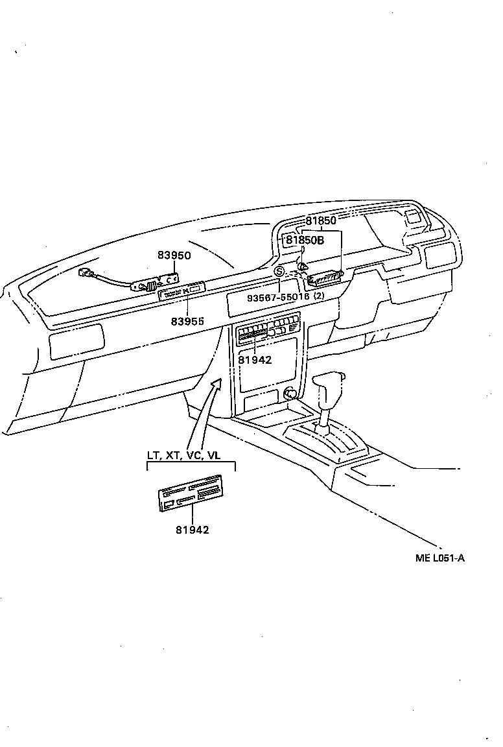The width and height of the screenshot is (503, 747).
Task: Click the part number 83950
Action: pyautogui.click(x=174, y=255)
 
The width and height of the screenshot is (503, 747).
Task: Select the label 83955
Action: pyautogui.click(x=187, y=321)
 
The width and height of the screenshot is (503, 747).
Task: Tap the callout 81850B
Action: pyautogui.click(x=305, y=240)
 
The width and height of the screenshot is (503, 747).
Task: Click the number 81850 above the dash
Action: pyautogui.click(x=322, y=220)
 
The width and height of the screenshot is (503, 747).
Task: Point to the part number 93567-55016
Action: pyautogui.click(x=277, y=296)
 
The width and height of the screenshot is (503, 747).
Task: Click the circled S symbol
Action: pyautogui.click(x=279, y=271)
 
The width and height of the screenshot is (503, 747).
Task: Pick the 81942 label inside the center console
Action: pyautogui.click(x=255, y=360)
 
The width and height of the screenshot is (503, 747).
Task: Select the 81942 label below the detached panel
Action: pyautogui.click(x=192, y=530)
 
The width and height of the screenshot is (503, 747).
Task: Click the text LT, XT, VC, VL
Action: pyautogui.click(x=183, y=455)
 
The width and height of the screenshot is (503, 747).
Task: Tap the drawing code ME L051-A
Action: pyautogui.click(x=440, y=557)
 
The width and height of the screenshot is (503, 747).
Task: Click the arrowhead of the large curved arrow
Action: pyautogui.click(x=218, y=382)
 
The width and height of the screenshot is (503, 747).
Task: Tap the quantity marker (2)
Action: pyautogui.click(x=319, y=296)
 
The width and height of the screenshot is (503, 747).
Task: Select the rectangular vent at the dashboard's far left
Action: pyautogui.click(x=76, y=342)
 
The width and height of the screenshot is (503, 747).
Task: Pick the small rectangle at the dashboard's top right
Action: pyautogui.click(x=412, y=218)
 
